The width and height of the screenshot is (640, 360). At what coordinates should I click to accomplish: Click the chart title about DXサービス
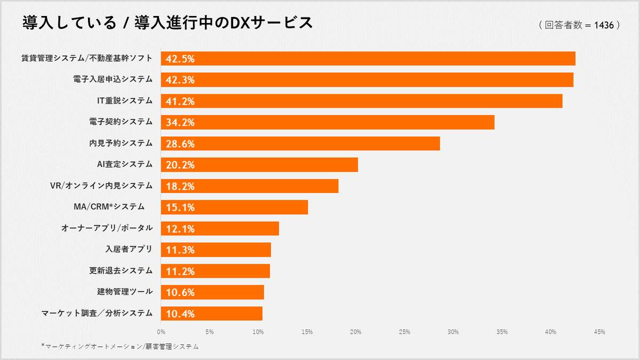(x=167, y=23)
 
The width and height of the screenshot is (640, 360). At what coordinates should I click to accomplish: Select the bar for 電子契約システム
(x=327, y=122)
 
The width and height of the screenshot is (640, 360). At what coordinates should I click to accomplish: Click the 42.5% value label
(x=180, y=59)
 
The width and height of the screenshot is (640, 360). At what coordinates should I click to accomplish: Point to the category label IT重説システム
(x=125, y=100)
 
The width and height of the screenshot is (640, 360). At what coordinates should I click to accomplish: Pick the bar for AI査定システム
(x=259, y=165)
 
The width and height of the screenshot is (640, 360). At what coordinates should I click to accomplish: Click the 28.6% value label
(x=180, y=144)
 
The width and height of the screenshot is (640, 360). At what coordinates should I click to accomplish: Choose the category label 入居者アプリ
(x=130, y=249)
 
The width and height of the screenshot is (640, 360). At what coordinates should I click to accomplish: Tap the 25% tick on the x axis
(x=404, y=332)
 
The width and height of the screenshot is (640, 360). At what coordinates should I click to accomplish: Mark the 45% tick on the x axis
(x=599, y=332)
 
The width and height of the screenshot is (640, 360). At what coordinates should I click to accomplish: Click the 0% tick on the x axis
(x=161, y=332)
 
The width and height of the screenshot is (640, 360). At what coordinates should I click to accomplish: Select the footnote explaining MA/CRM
(x=120, y=347)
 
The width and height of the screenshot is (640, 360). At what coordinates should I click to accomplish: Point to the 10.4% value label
(x=180, y=314)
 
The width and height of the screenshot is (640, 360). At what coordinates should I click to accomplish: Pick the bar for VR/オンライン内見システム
(x=250, y=186)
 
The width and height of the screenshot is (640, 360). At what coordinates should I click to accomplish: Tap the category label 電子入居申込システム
(x=113, y=79)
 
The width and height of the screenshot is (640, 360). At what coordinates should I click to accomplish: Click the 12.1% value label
(x=180, y=229)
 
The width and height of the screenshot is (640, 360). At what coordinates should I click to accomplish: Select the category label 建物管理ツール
(x=121, y=292)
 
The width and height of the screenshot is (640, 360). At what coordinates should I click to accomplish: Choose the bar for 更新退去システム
(x=215, y=271)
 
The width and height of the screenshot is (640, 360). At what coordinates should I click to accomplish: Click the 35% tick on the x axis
(x=502, y=332)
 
